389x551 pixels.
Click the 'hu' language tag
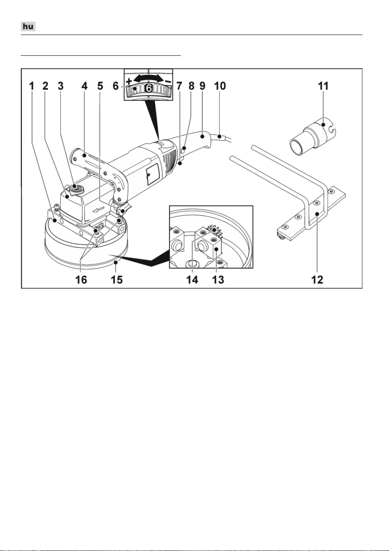pos(28,26)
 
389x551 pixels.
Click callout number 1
pos(32,86)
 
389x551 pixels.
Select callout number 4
pos(85,86)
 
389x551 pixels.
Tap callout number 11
pos(323,86)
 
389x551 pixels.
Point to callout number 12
pos(317,280)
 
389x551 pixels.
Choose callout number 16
pos(81,280)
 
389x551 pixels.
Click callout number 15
pos(117,280)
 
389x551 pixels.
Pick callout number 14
pos(192,280)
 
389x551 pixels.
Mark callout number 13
pos(218,280)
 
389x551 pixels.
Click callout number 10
pos(220,86)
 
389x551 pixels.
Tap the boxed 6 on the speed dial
pos(149,88)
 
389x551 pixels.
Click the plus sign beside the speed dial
pos(129,81)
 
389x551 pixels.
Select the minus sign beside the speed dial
pos(168,81)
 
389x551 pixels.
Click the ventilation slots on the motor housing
pos(170,158)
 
